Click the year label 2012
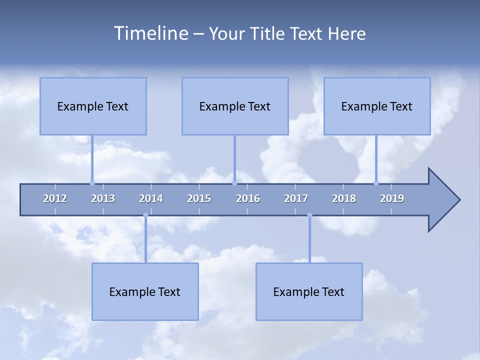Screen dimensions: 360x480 55,198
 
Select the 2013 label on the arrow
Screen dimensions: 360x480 103,198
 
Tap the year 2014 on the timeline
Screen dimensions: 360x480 151,198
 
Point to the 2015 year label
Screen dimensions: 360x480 199,198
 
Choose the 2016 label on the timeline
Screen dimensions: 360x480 248,198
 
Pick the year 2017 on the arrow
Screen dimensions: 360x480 296,198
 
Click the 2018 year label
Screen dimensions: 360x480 344,198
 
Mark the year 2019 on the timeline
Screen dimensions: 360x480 392,198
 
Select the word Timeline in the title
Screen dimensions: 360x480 150,33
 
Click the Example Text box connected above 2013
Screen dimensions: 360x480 93,106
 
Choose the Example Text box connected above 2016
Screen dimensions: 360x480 235,106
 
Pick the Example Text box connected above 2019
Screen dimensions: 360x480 377,106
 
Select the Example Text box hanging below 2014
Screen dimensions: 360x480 145,291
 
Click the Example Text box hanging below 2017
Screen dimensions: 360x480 309,291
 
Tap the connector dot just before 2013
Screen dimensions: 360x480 92,183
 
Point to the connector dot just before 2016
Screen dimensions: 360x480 234,183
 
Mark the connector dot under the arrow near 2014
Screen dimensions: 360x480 145,215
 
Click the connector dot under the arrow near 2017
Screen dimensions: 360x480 309,215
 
